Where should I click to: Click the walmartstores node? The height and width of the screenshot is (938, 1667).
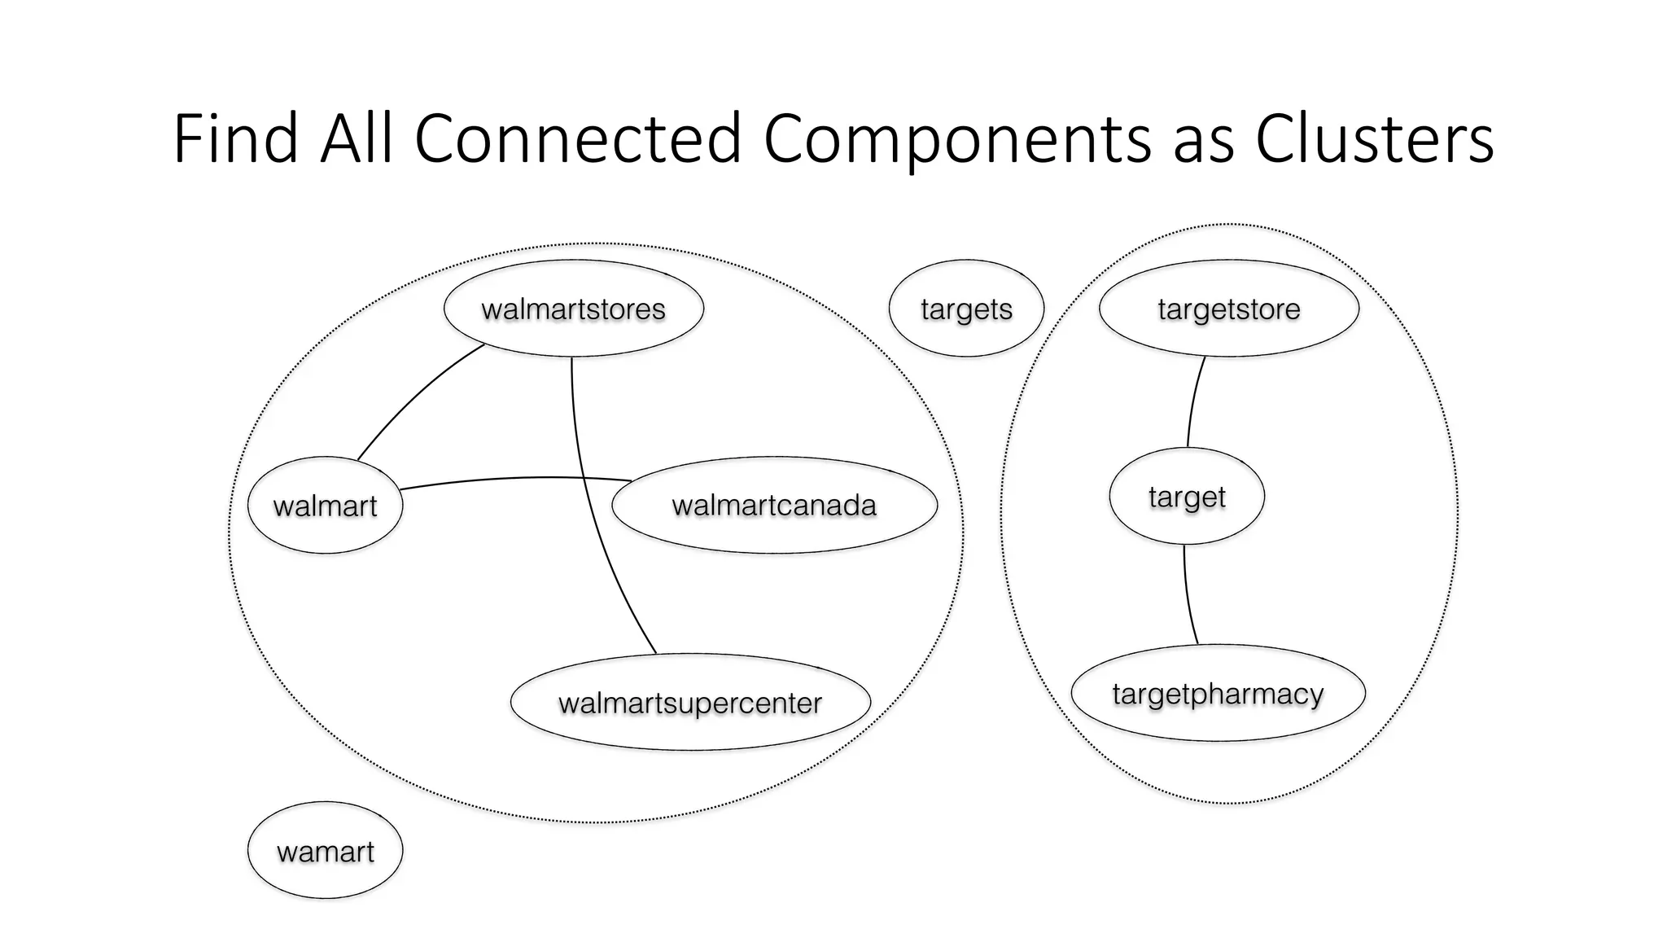point(573,309)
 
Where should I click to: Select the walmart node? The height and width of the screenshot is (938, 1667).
point(325,506)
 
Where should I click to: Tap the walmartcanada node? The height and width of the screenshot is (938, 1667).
point(774,506)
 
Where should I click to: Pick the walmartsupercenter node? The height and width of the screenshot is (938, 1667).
point(689,703)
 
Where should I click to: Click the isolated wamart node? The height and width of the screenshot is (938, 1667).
point(325,852)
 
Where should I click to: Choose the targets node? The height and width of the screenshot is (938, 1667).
point(966,309)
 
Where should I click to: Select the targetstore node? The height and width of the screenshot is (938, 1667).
point(1228,309)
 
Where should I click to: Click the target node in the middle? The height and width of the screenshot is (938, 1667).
point(1186,497)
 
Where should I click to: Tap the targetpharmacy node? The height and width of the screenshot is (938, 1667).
point(1218,694)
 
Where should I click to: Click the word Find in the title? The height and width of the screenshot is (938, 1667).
point(235,138)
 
